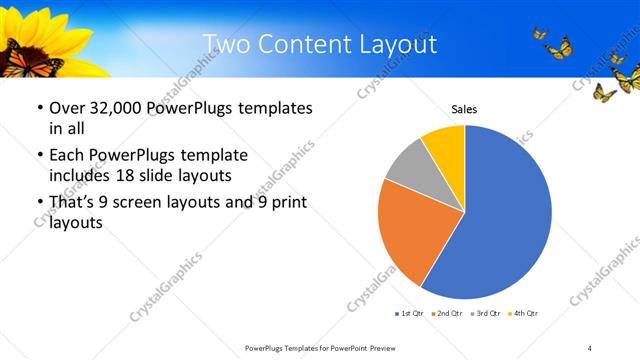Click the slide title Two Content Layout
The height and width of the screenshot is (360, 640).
coord(320,44)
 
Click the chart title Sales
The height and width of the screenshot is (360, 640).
coord(464,109)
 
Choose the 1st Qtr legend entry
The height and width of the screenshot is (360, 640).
coord(410,314)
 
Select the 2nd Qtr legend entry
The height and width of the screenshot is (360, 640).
coord(447,314)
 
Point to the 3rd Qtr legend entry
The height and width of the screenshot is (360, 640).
coord(485,314)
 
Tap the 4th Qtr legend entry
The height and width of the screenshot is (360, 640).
coord(523,314)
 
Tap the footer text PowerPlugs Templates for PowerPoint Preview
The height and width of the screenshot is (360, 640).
coord(315,347)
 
